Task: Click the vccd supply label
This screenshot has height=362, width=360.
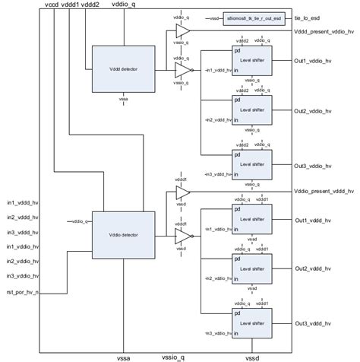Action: (52, 5)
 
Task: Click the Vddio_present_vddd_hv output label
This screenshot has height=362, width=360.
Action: (324, 192)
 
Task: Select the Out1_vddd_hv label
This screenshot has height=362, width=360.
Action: (312, 221)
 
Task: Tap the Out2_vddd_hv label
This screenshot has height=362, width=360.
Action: (312, 269)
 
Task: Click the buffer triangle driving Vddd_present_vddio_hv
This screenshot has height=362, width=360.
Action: (182, 30)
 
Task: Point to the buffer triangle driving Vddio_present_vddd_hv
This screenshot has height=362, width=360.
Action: (182, 193)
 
